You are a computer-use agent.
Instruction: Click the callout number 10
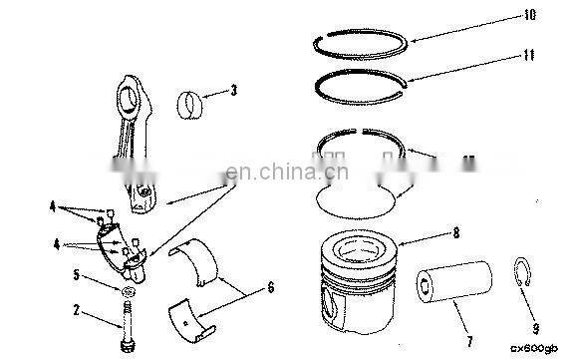[x=530, y=15]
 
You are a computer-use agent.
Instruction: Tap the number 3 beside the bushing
[x=232, y=91]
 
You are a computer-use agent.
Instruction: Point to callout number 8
[x=455, y=235]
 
